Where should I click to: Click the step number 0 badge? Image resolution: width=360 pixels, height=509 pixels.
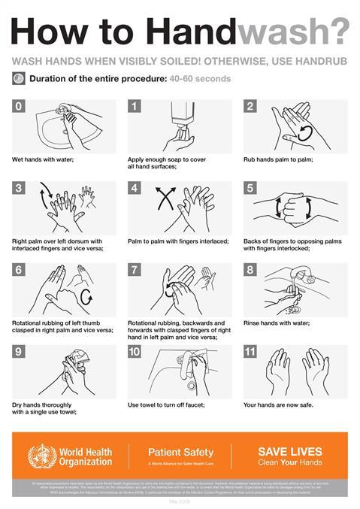click(18, 107)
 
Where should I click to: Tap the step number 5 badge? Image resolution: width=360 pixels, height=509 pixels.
click(250, 188)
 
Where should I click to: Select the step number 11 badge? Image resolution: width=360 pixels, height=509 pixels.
click(252, 351)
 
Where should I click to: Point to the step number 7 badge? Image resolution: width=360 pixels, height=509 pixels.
click(135, 270)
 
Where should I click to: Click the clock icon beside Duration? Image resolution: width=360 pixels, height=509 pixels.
click(18, 78)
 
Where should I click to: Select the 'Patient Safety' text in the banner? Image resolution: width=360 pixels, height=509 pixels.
click(180, 453)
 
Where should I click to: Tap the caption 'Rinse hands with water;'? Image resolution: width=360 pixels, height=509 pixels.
click(277, 323)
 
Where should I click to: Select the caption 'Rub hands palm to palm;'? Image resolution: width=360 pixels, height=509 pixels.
click(278, 159)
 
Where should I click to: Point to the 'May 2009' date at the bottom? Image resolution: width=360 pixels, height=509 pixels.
click(180, 501)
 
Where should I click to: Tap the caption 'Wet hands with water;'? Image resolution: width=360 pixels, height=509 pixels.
click(44, 159)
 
